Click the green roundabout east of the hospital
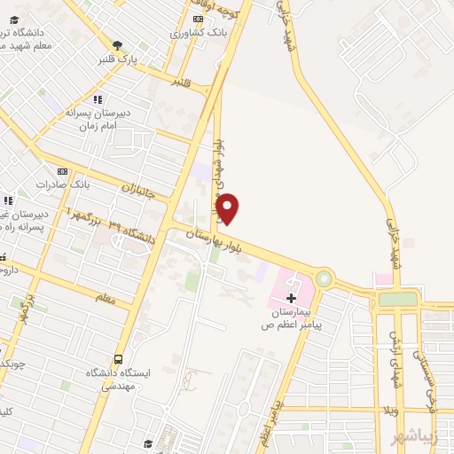pos(324,278)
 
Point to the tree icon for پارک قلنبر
pos(117,45)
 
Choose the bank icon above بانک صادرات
pos(61,171)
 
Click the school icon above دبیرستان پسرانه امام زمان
pos(98,99)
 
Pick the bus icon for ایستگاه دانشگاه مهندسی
pos(118,359)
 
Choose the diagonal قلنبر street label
pos(182,82)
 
